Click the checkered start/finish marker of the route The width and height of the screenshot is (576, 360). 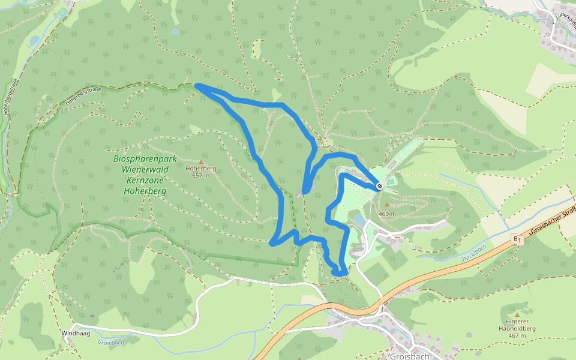(380, 187)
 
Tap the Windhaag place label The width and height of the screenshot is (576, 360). (74, 332)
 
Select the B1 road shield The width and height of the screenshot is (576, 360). (517, 239)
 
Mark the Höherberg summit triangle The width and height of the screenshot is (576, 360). (200, 162)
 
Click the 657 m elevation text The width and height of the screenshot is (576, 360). (200, 176)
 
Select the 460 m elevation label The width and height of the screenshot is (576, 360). (388, 214)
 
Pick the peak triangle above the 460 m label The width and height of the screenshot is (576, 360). (387, 205)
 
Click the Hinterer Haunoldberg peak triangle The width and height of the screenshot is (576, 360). (517, 314)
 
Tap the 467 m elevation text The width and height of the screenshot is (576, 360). (517, 335)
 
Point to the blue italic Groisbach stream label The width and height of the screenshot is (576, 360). (110, 343)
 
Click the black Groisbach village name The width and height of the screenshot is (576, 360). (409, 356)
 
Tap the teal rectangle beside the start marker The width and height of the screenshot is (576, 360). (391, 181)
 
